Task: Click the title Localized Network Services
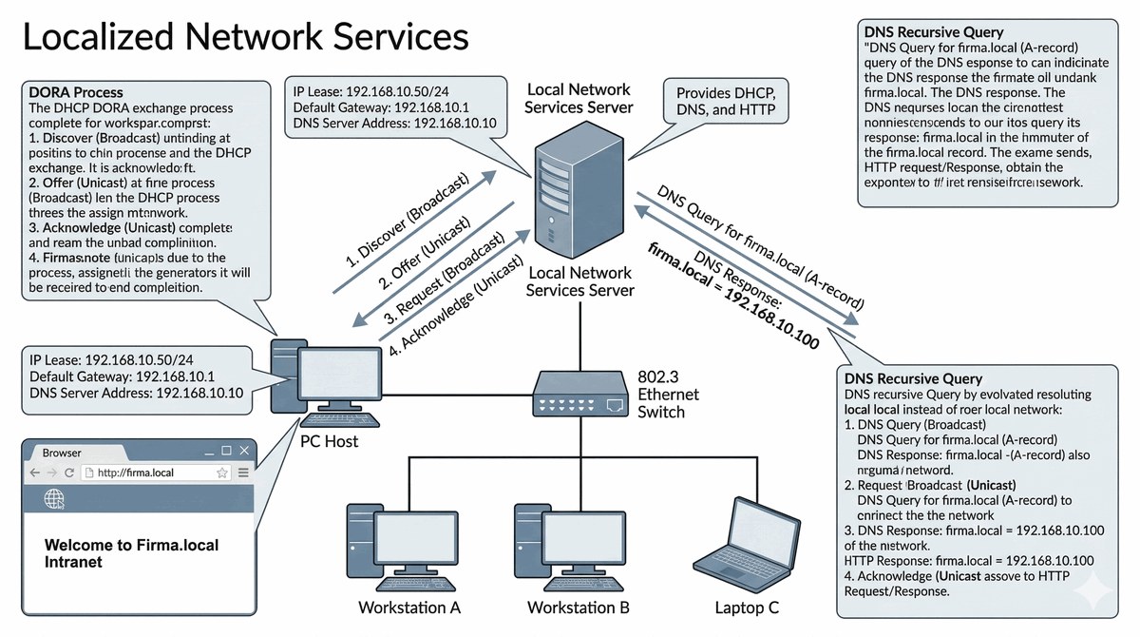pyautogui.click(x=245, y=37)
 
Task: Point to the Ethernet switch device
pyautogui.click(x=579, y=392)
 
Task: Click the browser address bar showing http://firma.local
pyautogui.click(x=152, y=472)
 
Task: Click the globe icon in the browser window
pyautogui.click(x=54, y=498)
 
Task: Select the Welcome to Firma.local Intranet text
pyautogui.click(x=131, y=552)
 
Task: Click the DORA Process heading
pyautogui.click(x=76, y=92)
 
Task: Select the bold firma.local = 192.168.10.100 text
pyautogui.click(x=731, y=296)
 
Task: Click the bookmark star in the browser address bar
pyautogui.click(x=222, y=473)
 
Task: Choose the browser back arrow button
pyautogui.click(x=34, y=473)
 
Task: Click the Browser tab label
pyautogui.click(x=63, y=453)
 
